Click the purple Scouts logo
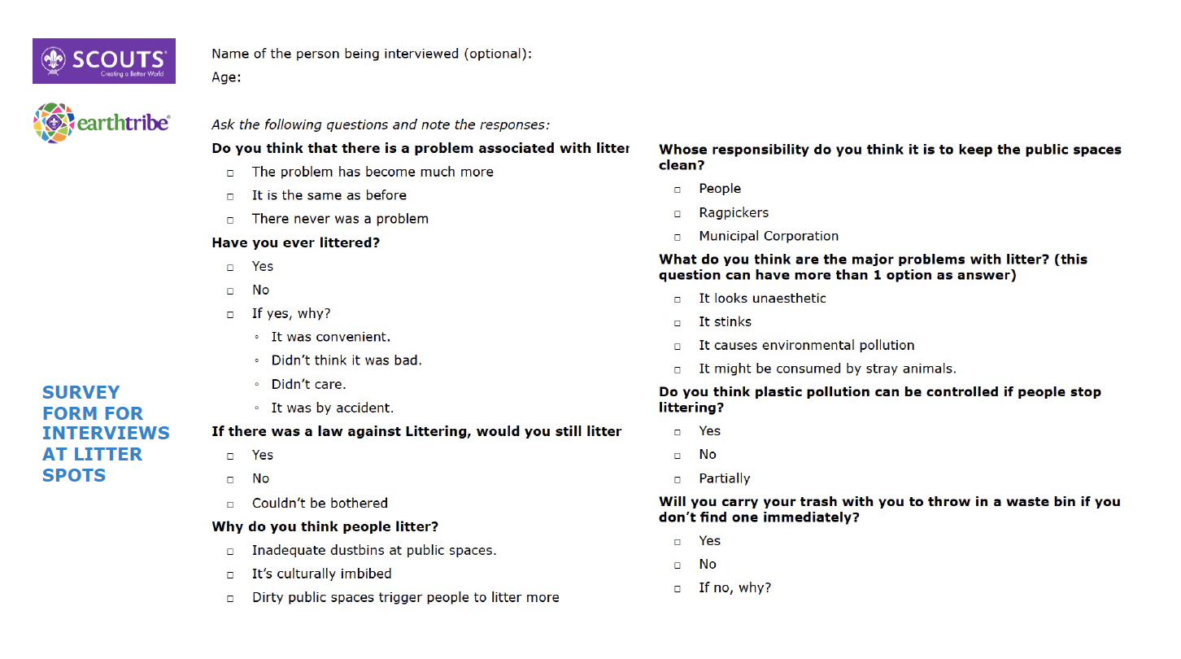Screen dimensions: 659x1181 coord(104,60)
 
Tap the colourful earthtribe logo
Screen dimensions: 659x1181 coord(102,123)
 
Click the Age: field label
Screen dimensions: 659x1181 coord(226,77)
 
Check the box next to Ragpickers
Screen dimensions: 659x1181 coord(677,213)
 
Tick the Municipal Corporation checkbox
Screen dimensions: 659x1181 coord(677,237)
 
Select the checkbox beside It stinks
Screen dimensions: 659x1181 coord(677,322)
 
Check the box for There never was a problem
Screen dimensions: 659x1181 coord(230,220)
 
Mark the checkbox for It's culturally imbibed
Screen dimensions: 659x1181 coord(230,574)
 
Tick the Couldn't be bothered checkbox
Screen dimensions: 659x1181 coord(230,504)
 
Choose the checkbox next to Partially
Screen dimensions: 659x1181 coord(677,479)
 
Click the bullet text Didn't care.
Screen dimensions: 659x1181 coord(308,384)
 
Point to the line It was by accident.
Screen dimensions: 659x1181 coord(332,408)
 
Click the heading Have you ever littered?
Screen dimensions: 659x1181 coord(295,242)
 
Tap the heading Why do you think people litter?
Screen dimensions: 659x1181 coord(325,526)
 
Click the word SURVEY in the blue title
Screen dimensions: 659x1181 coord(81,392)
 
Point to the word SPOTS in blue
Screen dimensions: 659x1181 coord(74,475)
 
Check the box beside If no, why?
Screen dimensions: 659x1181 coord(677,588)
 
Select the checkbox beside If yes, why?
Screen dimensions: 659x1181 coord(230,314)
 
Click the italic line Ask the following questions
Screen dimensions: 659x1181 coord(380,124)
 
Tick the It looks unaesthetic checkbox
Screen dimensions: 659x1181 coord(677,299)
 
